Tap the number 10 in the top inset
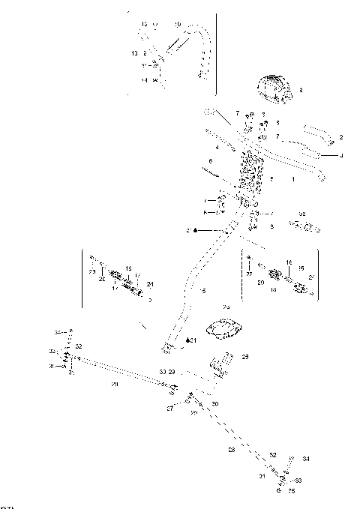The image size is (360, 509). coord(178,25)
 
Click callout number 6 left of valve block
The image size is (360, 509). coord(211,161)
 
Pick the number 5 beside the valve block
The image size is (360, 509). coord(271,179)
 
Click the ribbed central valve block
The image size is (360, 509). coord(250,175)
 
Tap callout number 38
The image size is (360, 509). coord(302,214)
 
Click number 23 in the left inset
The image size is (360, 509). coord(92,272)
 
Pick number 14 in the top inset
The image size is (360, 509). coord(144,79)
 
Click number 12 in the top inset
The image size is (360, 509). coord(144,25)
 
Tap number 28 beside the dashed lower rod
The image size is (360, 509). coord(231,449)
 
